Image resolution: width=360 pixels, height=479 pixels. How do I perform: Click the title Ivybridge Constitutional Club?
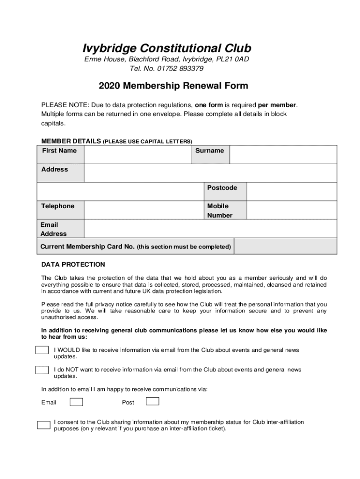point(167,48)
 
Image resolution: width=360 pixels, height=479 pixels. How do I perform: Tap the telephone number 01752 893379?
point(180,69)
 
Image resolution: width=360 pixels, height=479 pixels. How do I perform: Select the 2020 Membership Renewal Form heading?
point(173,86)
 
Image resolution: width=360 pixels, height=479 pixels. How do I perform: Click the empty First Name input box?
point(138,154)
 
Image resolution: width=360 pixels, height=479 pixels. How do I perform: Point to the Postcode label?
point(222,188)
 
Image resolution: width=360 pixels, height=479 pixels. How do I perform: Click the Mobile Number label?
point(219,211)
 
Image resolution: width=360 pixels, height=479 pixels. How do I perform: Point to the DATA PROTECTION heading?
point(73,265)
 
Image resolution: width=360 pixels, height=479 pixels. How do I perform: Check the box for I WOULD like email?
point(42,350)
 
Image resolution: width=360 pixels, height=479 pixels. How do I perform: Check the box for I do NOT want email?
point(42,370)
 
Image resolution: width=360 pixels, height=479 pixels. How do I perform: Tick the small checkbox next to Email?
point(76,402)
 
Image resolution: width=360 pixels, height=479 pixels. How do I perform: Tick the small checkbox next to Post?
point(152,401)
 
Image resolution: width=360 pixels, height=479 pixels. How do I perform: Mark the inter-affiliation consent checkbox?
point(43,425)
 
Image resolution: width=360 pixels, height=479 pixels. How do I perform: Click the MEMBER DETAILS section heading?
point(71,141)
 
